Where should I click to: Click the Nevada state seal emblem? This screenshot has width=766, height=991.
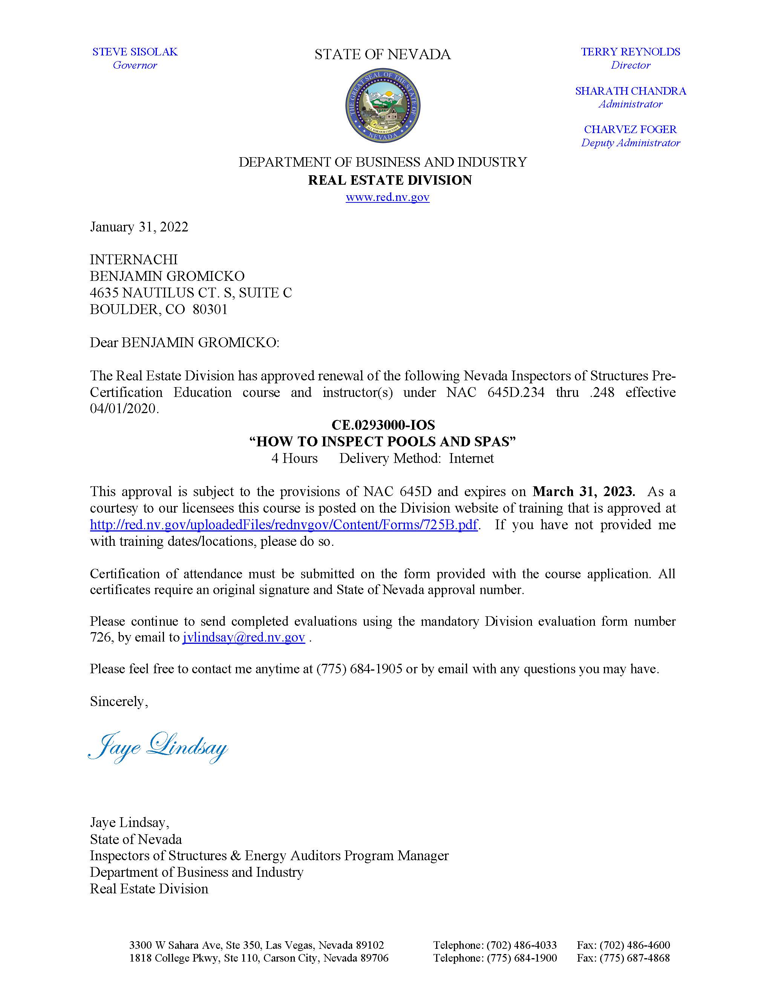click(x=383, y=106)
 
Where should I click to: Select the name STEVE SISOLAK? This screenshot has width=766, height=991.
click(x=135, y=52)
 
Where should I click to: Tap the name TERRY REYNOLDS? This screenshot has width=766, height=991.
click(x=630, y=52)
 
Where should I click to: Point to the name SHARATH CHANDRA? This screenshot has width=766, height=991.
click(x=630, y=91)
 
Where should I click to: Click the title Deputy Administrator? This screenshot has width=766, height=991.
click(x=630, y=142)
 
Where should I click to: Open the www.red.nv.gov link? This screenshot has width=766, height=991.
click(x=387, y=197)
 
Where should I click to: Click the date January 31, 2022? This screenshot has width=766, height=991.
click(x=139, y=227)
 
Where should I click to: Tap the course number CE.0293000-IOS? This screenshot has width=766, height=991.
click(x=383, y=425)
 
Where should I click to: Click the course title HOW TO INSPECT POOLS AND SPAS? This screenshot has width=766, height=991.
click(x=383, y=441)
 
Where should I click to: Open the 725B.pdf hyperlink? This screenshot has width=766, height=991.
click(x=283, y=525)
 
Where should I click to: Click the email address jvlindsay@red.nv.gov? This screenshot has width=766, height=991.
click(x=244, y=637)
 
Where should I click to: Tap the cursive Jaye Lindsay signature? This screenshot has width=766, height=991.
click(x=158, y=746)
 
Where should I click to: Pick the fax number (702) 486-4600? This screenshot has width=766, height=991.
click(x=624, y=945)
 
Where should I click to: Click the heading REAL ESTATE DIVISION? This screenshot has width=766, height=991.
click(x=390, y=180)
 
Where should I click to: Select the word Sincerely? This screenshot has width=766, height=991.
click(x=118, y=702)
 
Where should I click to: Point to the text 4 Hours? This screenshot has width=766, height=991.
click(x=294, y=458)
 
